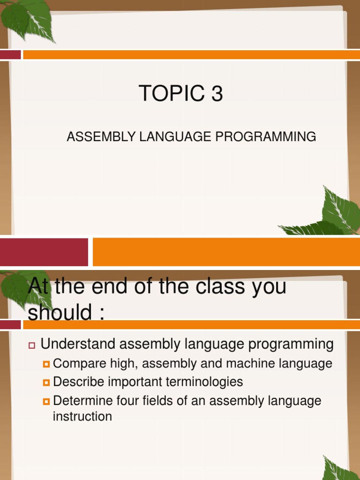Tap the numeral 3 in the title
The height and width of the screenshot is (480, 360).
coord(217,94)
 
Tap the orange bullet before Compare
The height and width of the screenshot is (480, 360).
coord(46,364)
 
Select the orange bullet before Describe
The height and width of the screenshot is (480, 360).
coord(46,383)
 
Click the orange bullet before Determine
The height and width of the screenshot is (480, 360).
coord(46,402)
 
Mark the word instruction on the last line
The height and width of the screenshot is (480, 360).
coord(82,416)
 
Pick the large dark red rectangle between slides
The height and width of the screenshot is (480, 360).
coord(44,252)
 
